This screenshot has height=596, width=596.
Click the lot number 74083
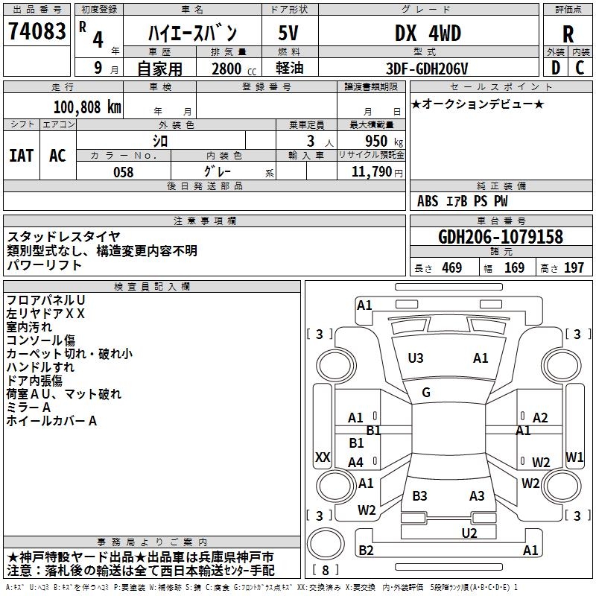coord(37,31)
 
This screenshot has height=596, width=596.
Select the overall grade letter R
coord(568,34)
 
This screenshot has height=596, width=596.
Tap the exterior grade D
coord(556,68)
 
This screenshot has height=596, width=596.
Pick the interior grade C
coord(580,68)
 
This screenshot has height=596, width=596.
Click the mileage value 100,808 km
coord(87,107)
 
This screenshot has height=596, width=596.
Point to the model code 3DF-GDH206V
coord(427,69)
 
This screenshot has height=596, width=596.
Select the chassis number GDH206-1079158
coord(500,237)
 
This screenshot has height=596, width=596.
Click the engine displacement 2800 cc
coord(234,69)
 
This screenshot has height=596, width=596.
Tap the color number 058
coord(124,172)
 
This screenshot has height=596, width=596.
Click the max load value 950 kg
coord(384,141)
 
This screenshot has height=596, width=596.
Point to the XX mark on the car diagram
coord(323,457)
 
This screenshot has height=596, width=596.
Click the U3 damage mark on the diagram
coord(416,358)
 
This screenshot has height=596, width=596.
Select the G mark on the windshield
coord(426,393)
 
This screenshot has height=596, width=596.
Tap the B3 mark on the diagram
coord(419,495)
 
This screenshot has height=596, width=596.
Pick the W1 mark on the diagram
coord(574,457)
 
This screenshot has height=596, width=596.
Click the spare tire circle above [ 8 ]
coord(326,544)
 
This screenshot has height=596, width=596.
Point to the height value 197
coord(574,267)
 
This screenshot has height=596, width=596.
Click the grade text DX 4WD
coord(428,33)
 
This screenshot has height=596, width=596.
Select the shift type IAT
coord(22,156)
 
